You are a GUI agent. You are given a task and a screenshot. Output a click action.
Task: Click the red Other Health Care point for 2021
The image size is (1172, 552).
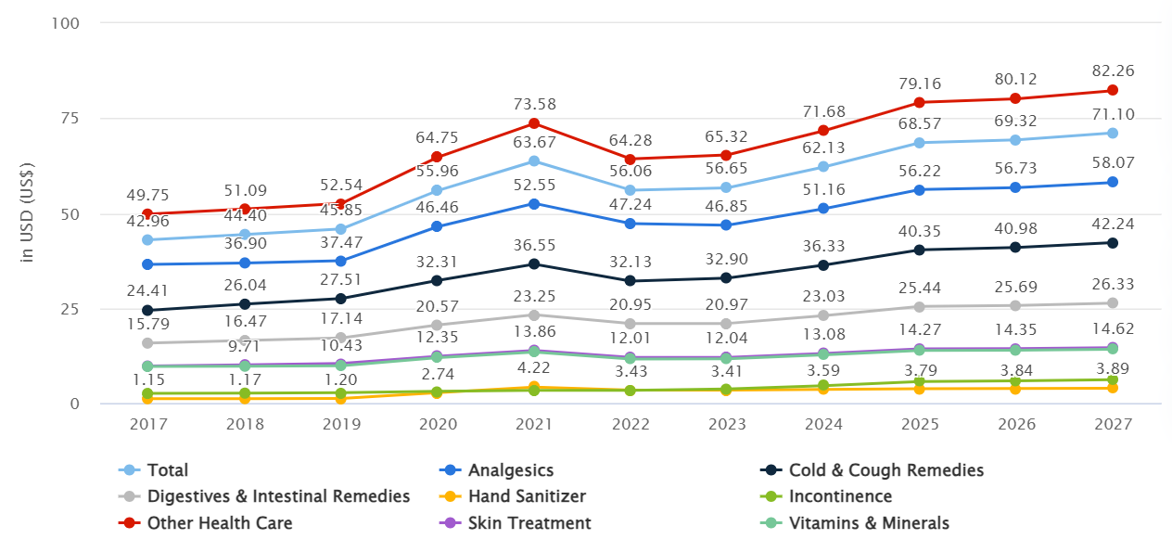point(534,123)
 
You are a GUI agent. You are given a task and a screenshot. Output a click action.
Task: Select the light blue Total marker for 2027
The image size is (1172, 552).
point(1113,133)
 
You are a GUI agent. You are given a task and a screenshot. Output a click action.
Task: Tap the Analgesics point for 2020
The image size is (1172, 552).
point(437,226)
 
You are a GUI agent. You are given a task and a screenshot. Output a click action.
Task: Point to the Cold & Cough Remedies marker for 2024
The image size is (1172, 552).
point(823,265)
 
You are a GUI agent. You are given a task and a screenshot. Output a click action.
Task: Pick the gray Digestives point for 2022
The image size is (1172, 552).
point(630,324)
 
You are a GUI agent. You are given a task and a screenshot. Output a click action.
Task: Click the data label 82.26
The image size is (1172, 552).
point(1113,71)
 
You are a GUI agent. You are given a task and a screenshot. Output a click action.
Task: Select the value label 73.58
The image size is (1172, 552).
point(534,104)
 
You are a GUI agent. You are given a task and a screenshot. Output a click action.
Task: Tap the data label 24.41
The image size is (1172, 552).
point(147,290)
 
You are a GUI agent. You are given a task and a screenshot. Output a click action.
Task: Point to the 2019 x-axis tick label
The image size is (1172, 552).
point(341,424)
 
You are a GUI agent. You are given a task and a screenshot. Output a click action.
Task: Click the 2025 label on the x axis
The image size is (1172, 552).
point(920,424)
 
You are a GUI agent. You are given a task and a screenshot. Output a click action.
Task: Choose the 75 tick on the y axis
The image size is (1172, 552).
point(70,119)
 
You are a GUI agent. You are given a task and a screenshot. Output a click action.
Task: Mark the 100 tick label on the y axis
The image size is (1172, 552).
point(65,23)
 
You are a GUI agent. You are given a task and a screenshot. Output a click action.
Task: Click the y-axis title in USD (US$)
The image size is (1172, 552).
point(26,212)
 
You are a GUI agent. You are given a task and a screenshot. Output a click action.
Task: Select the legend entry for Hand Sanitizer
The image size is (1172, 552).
point(513,496)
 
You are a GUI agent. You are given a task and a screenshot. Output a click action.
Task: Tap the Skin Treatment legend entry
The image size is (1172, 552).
point(516,522)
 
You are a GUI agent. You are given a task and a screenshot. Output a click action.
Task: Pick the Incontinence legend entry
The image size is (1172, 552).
point(826,496)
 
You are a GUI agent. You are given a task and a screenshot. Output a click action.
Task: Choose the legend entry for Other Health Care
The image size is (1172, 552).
point(205,522)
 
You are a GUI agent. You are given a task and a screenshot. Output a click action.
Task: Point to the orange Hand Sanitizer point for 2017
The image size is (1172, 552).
point(147,399)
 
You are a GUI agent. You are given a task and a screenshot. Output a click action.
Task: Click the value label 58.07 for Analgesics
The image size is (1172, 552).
point(1113,163)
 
